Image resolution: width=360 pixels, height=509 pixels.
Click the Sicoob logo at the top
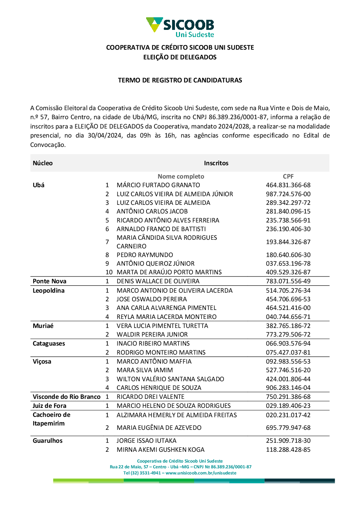(180, 27)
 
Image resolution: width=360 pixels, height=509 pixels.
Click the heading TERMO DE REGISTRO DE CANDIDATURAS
(180, 80)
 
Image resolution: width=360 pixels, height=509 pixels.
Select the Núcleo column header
(42, 163)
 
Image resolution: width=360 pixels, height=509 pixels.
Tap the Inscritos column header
(216, 163)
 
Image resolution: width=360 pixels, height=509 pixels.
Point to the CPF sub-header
(288, 176)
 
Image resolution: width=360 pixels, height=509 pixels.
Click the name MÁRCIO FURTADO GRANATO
(158, 185)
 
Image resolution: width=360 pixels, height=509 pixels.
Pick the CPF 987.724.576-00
(288, 194)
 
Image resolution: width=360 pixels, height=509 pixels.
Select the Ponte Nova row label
(49, 281)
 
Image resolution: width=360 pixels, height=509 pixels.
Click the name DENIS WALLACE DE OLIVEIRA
(158, 281)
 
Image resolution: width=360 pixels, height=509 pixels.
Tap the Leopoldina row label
(49, 290)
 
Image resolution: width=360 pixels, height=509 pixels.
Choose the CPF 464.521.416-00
(288, 308)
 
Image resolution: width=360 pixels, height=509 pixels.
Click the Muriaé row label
(43, 326)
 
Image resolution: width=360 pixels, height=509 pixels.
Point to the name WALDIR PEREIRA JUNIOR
(152, 334)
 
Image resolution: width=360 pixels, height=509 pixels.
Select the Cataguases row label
(49, 343)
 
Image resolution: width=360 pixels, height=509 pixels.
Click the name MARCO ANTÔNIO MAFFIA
(154, 361)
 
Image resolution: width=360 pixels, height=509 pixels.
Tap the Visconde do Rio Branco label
(67, 397)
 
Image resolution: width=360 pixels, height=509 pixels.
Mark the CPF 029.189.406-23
(288, 406)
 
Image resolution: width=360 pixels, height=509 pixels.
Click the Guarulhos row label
(48, 441)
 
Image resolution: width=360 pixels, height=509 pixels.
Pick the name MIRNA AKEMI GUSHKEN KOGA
(160, 450)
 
